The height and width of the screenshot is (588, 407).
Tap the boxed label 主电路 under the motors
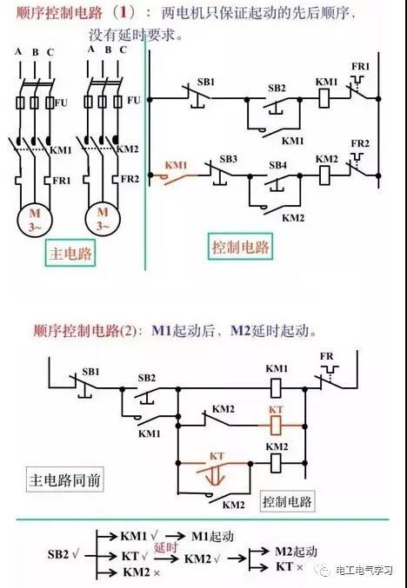(70, 253)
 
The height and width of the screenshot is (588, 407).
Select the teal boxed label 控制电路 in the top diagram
(240, 247)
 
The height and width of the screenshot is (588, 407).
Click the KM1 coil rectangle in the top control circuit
(324, 99)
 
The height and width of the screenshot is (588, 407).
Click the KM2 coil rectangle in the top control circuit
(324, 175)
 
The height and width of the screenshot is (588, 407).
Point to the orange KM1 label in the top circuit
(176, 165)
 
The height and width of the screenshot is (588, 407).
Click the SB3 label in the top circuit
(228, 159)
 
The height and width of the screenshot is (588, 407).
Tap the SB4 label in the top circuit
(277, 165)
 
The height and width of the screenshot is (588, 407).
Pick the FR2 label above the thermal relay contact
(360, 143)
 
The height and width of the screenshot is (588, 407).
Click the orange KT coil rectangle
(276, 426)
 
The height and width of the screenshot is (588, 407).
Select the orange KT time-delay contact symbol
(217, 472)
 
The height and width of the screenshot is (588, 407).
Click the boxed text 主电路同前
(64, 479)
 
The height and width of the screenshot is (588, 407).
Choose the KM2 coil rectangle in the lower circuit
(276, 463)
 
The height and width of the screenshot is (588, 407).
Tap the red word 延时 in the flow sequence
(165, 547)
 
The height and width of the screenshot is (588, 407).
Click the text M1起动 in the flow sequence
(212, 536)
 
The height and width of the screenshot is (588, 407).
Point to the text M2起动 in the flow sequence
(297, 552)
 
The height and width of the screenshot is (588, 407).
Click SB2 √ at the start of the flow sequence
(63, 555)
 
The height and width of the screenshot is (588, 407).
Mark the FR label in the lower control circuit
(327, 356)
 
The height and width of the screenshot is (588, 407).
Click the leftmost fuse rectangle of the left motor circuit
(20, 102)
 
